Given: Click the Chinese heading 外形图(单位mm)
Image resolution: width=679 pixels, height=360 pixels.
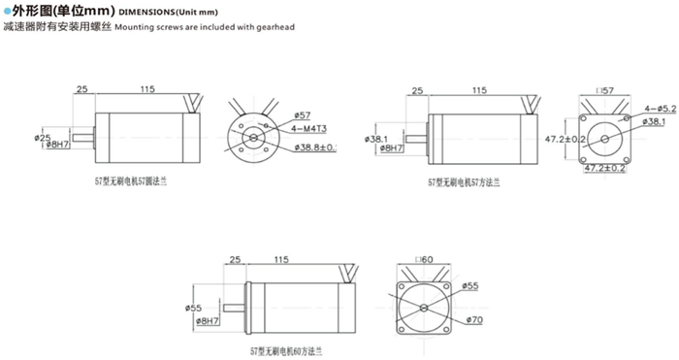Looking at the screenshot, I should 60,11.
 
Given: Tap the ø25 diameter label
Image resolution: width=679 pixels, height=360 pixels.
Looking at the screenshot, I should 42,137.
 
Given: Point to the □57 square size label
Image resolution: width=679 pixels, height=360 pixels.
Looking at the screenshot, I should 606,89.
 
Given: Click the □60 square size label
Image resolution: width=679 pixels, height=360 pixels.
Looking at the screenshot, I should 423,259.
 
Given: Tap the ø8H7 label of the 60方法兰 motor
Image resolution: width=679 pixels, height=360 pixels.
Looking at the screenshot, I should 208,319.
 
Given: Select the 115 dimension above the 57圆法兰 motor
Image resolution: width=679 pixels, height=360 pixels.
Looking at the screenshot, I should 146,89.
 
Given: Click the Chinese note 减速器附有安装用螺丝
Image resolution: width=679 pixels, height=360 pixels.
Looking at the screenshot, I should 55,28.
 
